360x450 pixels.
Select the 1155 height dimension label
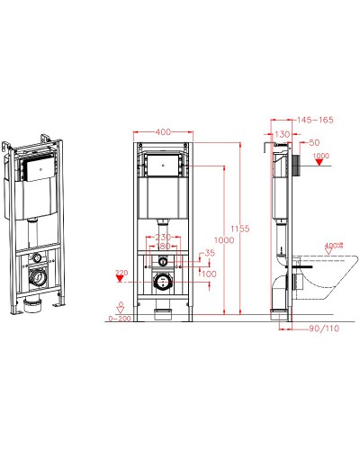[x=236, y=229]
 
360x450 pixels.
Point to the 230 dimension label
[x=162, y=237]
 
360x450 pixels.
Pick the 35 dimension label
[x=210, y=253]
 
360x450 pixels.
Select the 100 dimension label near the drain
[x=209, y=273]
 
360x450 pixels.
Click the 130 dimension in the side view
[x=283, y=133]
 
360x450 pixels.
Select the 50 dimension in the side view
[x=314, y=142]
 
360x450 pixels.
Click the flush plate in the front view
[x=162, y=166]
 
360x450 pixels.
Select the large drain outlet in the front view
[x=162, y=281]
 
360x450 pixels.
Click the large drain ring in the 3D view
[x=35, y=277]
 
